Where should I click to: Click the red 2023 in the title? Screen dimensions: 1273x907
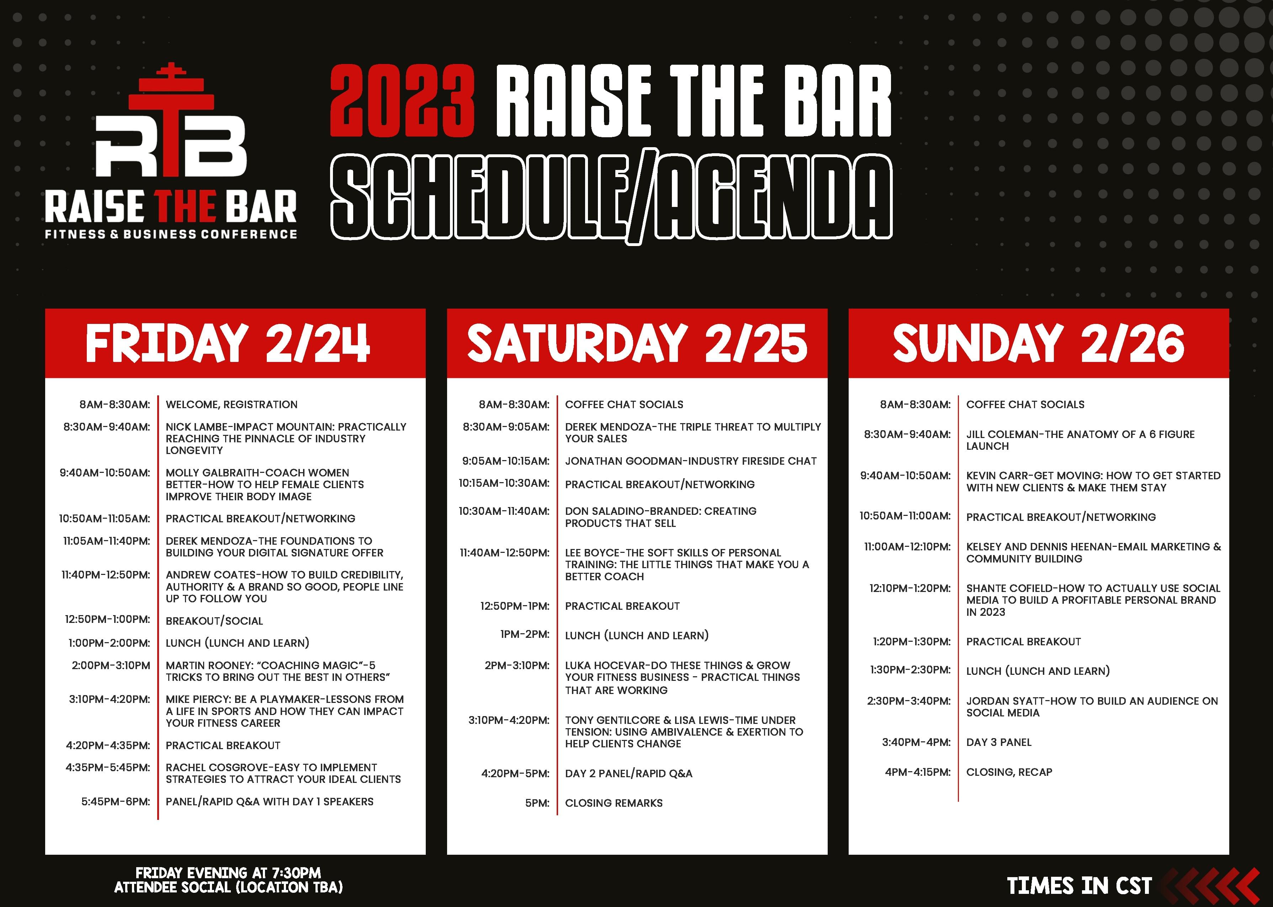402,101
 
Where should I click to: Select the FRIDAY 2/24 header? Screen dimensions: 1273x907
228,343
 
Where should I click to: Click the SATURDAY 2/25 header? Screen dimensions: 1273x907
637,343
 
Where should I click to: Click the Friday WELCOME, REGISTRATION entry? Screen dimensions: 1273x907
231,404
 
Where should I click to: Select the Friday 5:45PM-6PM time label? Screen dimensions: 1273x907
116,801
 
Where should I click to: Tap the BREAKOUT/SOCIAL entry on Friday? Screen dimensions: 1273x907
214,620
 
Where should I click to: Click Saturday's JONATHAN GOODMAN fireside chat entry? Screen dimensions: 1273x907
690,461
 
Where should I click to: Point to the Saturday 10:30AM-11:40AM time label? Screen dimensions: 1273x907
504,511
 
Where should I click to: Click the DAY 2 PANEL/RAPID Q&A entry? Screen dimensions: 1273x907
628,774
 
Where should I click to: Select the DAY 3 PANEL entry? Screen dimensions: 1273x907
999,742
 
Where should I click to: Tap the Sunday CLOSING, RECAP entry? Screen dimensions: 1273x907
1009,772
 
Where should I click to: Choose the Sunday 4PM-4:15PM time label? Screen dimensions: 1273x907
917,772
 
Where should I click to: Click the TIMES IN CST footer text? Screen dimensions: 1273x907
1079,886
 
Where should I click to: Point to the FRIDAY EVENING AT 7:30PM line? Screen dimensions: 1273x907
228,873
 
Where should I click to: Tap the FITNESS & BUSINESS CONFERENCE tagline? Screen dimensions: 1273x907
171,234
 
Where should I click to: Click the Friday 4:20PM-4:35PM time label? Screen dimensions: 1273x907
108,745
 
